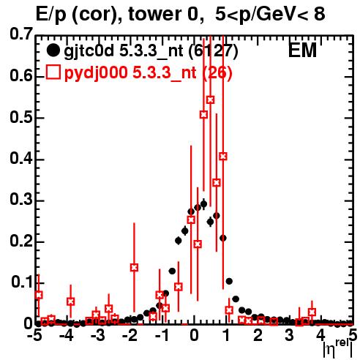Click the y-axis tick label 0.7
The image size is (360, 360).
click(x=21, y=34)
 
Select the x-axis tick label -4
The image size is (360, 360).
click(x=67, y=335)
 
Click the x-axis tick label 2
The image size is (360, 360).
click(x=258, y=335)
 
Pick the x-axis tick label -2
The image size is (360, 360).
click(x=130, y=335)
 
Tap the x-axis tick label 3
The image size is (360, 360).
click(x=290, y=335)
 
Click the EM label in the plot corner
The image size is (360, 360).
click(x=302, y=50)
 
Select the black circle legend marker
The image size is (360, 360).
click(x=53, y=50)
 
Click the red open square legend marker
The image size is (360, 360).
click(x=53, y=72)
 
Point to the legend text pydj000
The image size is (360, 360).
click(x=96, y=73)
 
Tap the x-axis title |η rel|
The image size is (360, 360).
click(x=338, y=348)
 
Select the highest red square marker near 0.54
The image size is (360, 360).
click(x=210, y=100)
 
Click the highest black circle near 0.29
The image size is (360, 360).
click(x=203, y=204)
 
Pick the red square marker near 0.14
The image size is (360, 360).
click(x=134, y=268)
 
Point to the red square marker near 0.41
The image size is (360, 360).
click(x=223, y=157)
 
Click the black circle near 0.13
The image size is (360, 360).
click(x=172, y=271)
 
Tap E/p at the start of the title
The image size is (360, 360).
click(x=51, y=15)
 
